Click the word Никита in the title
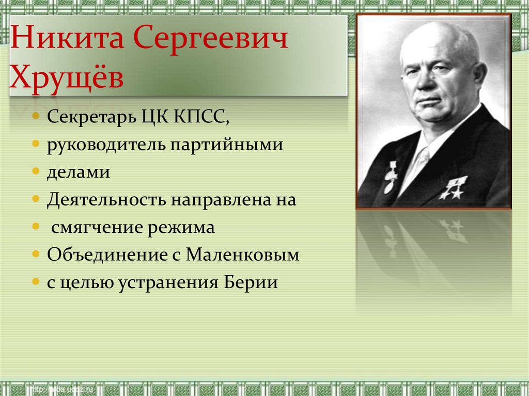[67, 38]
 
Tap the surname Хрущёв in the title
[67, 77]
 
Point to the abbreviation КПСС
[202, 117]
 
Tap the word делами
[79, 172]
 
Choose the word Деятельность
[106, 200]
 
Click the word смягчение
[97, 228]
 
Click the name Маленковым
[243, 255]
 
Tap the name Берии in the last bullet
[251, 282]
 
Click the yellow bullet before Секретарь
[36, 116]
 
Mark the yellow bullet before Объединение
[36, 254]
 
